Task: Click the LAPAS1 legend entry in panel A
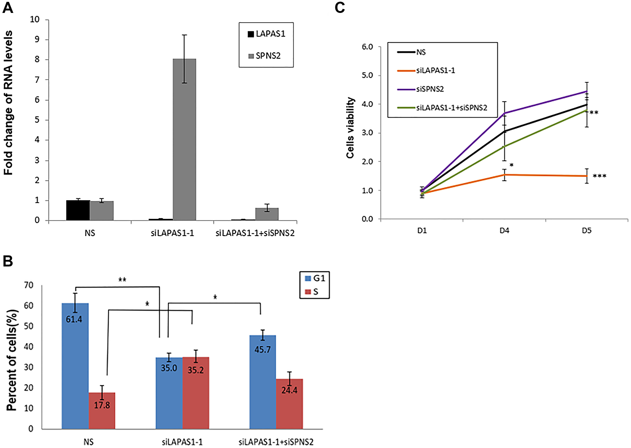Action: [267, 34]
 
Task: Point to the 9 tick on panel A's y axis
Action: [37, 39]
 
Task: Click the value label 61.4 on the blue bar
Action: [74, 319]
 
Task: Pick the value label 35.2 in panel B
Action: [196, 370]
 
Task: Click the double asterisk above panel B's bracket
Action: [122, 280]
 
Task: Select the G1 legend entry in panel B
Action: [315, 278]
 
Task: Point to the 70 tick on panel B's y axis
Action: [29, 286]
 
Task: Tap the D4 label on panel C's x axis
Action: [504, 231]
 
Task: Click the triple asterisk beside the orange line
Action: [599, 176]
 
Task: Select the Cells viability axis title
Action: [350, 128]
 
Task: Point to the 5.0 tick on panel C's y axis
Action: [367, 76]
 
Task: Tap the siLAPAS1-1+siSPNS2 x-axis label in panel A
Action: [255, 233]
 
